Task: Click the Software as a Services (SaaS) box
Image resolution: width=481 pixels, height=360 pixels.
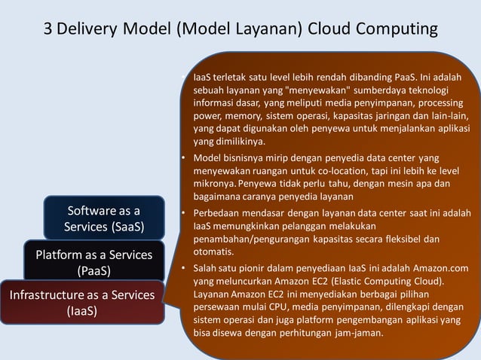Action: click(104, 218)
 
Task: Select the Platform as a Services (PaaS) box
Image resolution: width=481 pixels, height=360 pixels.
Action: click(93, 261)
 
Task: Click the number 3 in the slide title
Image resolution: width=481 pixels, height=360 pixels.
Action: click(47, 29)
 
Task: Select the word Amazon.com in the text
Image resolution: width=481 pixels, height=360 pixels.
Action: click(440, 268)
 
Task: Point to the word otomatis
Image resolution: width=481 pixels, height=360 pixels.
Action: click(213, 251)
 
